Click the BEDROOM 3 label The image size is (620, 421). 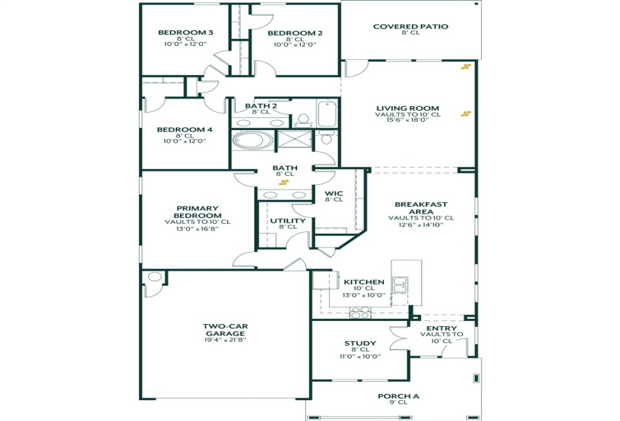(x=186, y=33)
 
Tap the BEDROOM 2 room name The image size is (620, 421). (x=295, y=33)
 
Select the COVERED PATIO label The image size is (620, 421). (x=410, y=26)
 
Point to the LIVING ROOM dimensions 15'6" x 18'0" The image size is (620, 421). (x=407, y=120)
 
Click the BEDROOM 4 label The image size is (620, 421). (x=185, y=129)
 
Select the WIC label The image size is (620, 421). (x=334, y=193)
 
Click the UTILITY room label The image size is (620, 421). (x=287, y=221)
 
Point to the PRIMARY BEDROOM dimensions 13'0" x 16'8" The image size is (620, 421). (x=198, y=229)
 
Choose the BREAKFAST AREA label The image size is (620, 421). (x=421, y=207)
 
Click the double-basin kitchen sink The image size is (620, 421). (x=400, y=284)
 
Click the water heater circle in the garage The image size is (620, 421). (x=154, y=277)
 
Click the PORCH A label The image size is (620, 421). (x=398, y=396)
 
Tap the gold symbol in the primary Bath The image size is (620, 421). (x=283, y=181)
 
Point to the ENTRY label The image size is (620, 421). (x=441, y=329)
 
